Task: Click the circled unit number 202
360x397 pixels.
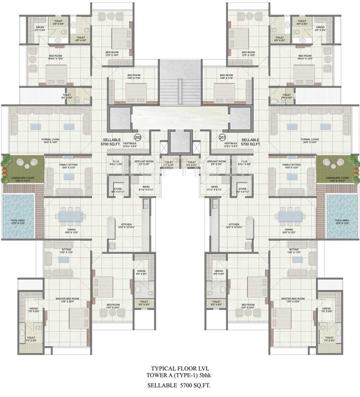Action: [x=138, y=138]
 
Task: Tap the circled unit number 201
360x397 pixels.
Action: [x=223, y=138]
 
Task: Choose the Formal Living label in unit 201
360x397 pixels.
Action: [x=310, y=140]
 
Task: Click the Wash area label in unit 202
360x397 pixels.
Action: [x=145, y=188]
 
